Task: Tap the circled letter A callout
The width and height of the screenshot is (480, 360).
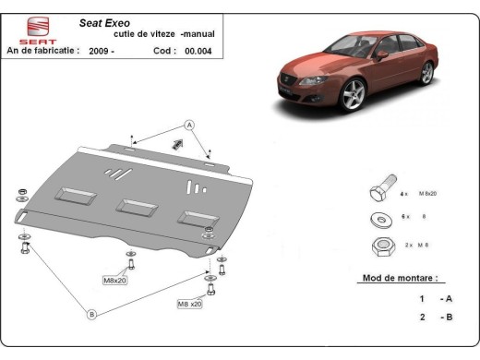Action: [x=189, y=125]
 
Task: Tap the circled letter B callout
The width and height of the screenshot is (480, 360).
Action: [x=92, y=314]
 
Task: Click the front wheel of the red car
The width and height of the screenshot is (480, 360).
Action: [x=352, y=95]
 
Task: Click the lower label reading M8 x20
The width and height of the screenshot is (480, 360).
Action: [x=190, y=303]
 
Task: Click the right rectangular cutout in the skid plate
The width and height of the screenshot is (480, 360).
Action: [x=195, y=218]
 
